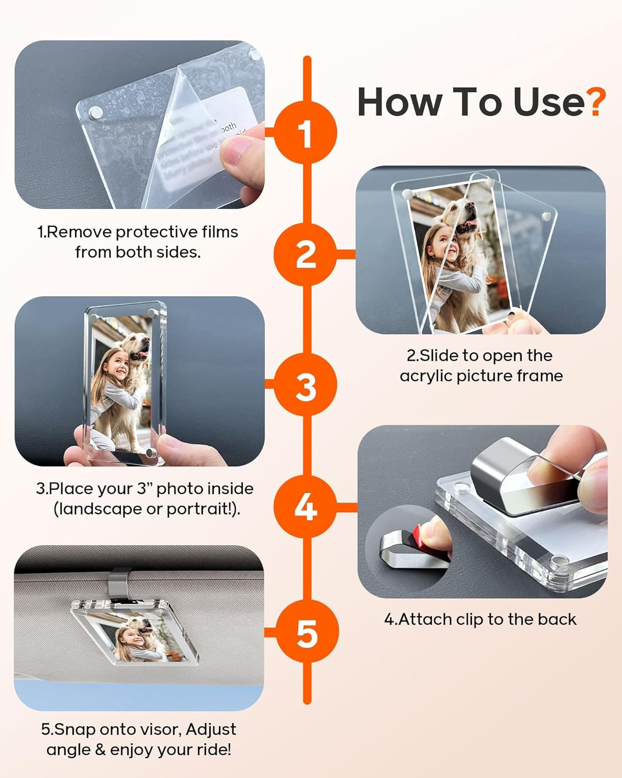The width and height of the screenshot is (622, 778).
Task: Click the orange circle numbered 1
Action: (x=306, y=133)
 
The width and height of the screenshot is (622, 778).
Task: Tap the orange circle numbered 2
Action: (x=306, y=254)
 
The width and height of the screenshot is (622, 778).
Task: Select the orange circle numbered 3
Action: (x=306, y=385)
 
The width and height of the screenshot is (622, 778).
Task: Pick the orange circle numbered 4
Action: (x=306, y=506)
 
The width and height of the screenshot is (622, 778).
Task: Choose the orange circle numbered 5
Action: (x=307, y=632)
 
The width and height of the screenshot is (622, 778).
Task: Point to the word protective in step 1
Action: (x=155, y=232)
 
